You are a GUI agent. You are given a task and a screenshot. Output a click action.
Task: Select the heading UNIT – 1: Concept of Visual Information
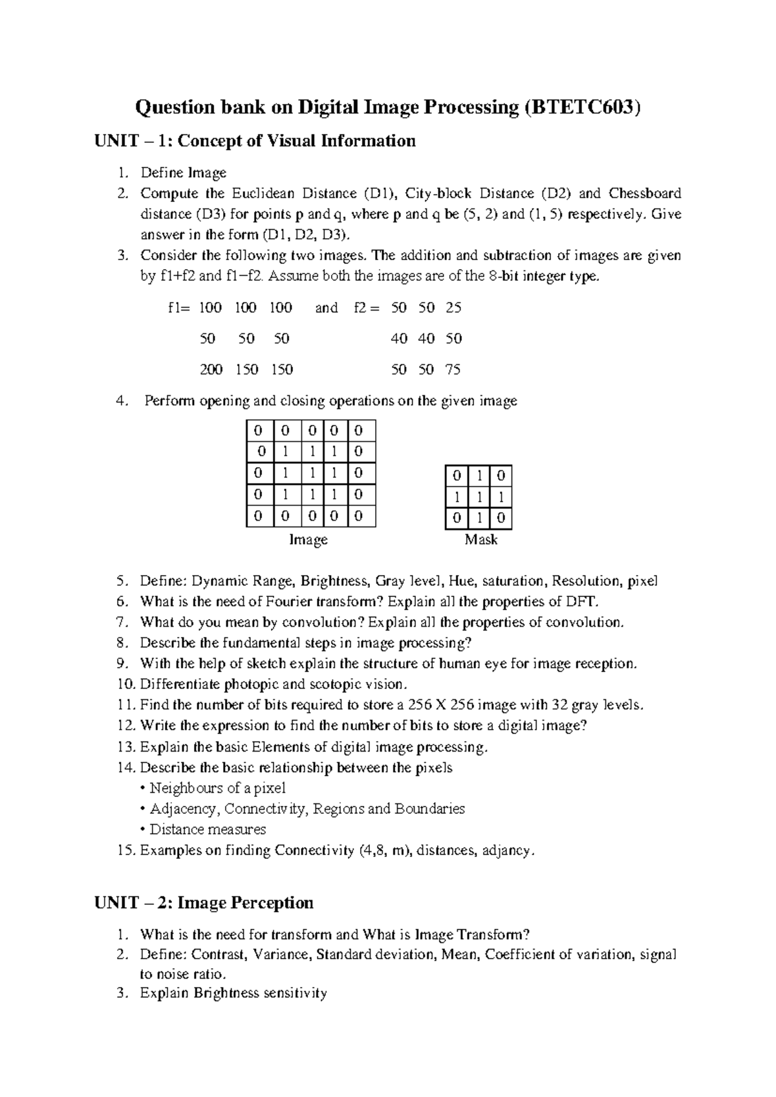pos(255,141)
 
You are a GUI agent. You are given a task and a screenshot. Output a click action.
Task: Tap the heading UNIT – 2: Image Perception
pos(204,903)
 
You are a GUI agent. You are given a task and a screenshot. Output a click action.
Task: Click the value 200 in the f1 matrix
pos(211,370)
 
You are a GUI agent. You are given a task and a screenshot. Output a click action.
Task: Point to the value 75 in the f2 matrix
pos(453,370)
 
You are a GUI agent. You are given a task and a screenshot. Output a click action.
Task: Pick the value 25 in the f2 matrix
pos(453,308)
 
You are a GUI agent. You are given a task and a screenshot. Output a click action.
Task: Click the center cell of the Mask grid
pos(479,497)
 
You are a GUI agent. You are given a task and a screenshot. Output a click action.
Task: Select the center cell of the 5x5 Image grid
pos(311,473)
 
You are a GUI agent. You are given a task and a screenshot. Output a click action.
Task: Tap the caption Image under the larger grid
pos(308,540)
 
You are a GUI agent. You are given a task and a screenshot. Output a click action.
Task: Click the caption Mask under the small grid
pos(480,540)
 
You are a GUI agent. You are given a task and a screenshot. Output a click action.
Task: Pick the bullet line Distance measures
pos(207,829)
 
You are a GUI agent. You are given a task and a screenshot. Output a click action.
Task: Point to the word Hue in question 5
pos(461,581)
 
